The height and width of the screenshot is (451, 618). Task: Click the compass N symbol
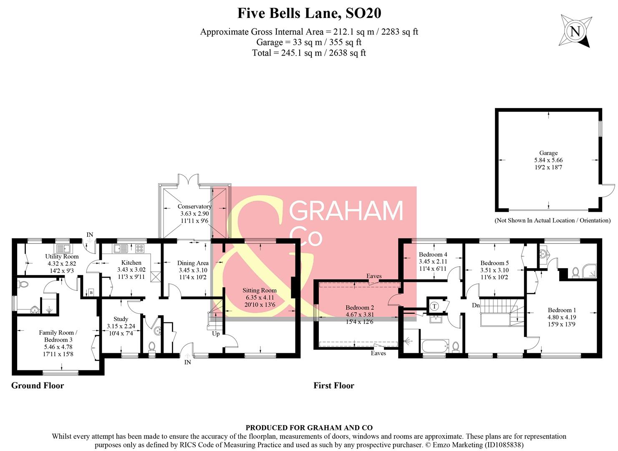[x=575, y=32]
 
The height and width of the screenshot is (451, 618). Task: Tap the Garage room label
[x=548, y=153]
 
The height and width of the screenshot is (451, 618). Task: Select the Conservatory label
[x=194, y=206]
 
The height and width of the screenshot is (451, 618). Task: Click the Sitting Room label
[x=260, y=290]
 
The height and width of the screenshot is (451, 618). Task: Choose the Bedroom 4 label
[x=433, y=254]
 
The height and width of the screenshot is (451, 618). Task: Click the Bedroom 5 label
[x=494, y=263]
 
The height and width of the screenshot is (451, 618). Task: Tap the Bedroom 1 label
[x=562, y=310]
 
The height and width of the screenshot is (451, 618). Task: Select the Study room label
[x=121, y=319]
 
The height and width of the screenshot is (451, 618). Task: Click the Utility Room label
[x=62, y=256]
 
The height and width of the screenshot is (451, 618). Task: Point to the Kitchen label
[x=131, y=263]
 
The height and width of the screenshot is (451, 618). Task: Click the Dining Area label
[x=193, y=263]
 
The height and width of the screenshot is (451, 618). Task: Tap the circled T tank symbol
[x=434, y=306]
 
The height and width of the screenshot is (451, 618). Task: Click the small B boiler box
[x=91, y=293]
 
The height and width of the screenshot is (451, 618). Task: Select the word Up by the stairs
[x=216, y=334]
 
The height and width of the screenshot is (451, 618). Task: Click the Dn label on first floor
[x=476, y=306]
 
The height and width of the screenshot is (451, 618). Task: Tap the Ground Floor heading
[x=38, y=385]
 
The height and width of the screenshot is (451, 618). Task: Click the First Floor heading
[x=334, y=385]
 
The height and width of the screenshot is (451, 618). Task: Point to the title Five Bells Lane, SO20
[x=309, y=13]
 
